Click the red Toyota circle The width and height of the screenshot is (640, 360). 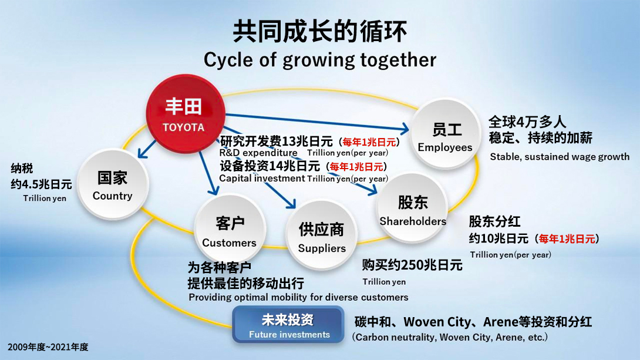186,113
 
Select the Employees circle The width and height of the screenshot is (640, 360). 445,134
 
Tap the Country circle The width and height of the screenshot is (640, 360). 113,184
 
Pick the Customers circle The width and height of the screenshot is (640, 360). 230,230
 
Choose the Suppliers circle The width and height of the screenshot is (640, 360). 322,235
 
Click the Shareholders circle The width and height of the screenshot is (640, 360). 412,208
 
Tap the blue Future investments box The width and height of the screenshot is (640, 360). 288,325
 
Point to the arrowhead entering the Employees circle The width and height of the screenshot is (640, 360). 404,129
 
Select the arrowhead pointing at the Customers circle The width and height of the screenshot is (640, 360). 214,189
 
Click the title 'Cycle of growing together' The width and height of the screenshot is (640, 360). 319,60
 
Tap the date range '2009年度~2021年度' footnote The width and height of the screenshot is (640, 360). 48,347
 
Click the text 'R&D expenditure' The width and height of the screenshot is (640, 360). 258,153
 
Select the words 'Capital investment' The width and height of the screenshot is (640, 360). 262,179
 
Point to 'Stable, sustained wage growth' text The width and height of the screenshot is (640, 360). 560,157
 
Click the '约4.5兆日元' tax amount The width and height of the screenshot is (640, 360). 41,184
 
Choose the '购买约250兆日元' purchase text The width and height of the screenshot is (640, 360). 412,265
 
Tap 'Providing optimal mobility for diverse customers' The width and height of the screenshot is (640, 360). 298,297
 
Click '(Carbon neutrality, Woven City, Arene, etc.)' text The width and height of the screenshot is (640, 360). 450,337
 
